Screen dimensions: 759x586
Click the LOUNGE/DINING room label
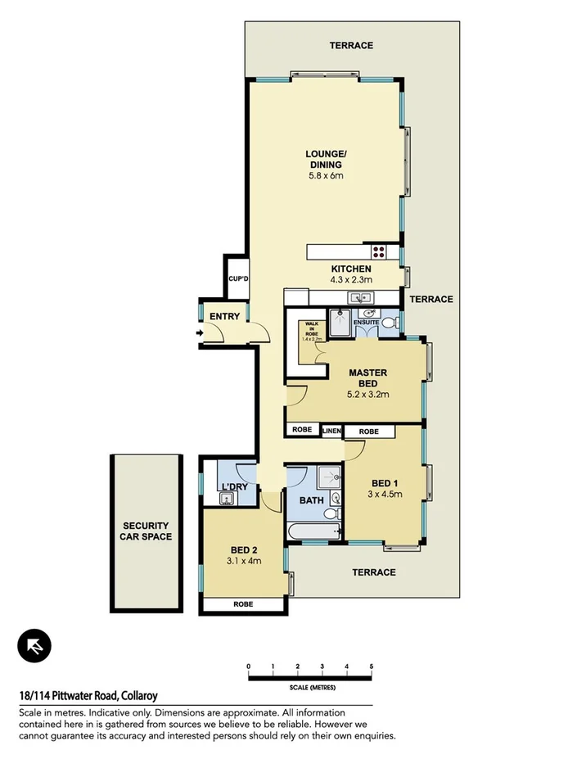pyautogui.click(x=326, y=159)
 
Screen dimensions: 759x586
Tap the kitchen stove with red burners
pyautogui.click(x=379, y=251)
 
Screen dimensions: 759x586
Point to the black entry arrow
pyautogui.click(x=199, y=332)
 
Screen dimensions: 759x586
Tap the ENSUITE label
pyautogui.click(x=365, y=323)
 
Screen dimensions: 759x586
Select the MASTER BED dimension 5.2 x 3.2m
pyautogui.click(x=367, y=394)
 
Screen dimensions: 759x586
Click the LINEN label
pyautogui.click(x=331, y=431)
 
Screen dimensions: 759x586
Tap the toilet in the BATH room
pyautogui.click(x=331, y=513)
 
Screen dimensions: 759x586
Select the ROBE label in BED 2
pyautogui.click(x=243, y=604)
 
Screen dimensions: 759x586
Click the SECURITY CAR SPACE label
pyautogui.click(x=146, y=531)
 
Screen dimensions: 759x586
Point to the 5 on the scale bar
pyautogui.click(x=372, y=666)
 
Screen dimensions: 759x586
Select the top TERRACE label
pyautogui.click(x=351, y=45)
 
